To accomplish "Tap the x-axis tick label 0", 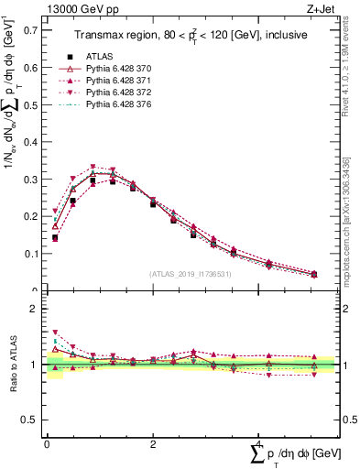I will coord(47,444).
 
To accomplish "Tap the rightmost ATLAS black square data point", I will coord(314,275).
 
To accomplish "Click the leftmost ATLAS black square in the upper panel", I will coord(55,237).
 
